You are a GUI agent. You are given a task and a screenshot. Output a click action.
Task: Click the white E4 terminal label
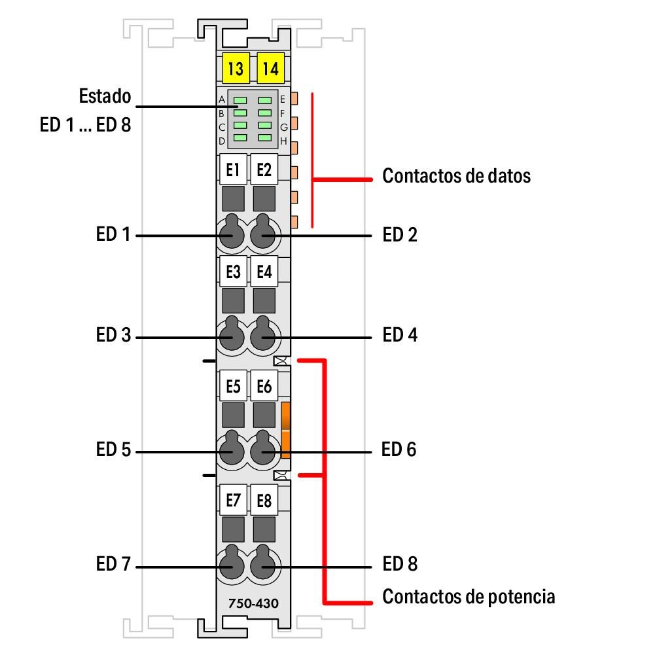pyautogui.click(x=264, y=272)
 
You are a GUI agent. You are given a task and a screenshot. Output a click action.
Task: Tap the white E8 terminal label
pyautogui.click(x=264, y=501)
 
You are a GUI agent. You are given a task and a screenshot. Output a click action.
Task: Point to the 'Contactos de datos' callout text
pyautogui.click(x=456, y=176)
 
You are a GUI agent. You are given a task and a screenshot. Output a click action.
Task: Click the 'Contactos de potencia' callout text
pyautogui.click(x=469, y=597)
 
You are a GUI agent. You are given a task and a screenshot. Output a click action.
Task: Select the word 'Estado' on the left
pyautogui.click(x=105, y=97)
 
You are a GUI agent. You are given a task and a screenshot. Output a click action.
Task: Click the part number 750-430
pyautogui.click(x=249, y=603)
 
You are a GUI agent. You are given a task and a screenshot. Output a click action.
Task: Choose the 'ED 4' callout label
pyautogui.click(x=400, y=336)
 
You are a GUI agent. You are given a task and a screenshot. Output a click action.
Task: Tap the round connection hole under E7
pyautogui.click(x=231, y=564)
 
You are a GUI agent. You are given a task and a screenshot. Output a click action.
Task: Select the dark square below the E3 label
pyautogui.click(x=234, y=300)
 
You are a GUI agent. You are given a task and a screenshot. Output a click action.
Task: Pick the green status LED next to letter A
pyautogui.click(x=240, y=100)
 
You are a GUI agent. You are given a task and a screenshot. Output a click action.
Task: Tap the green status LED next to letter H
pyautogui.click(x=264, y=138)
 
